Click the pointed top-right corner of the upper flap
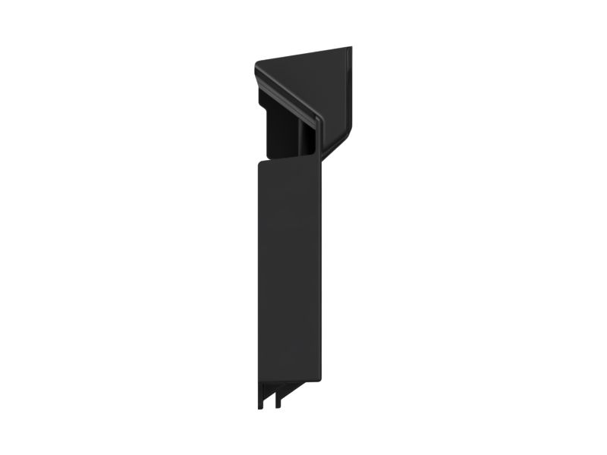point(349,49)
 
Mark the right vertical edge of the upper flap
point(351,91)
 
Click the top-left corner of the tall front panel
point(259,162)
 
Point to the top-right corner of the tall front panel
point(319,157)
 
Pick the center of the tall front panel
point(289,269)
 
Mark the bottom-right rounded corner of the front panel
point(319,378)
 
